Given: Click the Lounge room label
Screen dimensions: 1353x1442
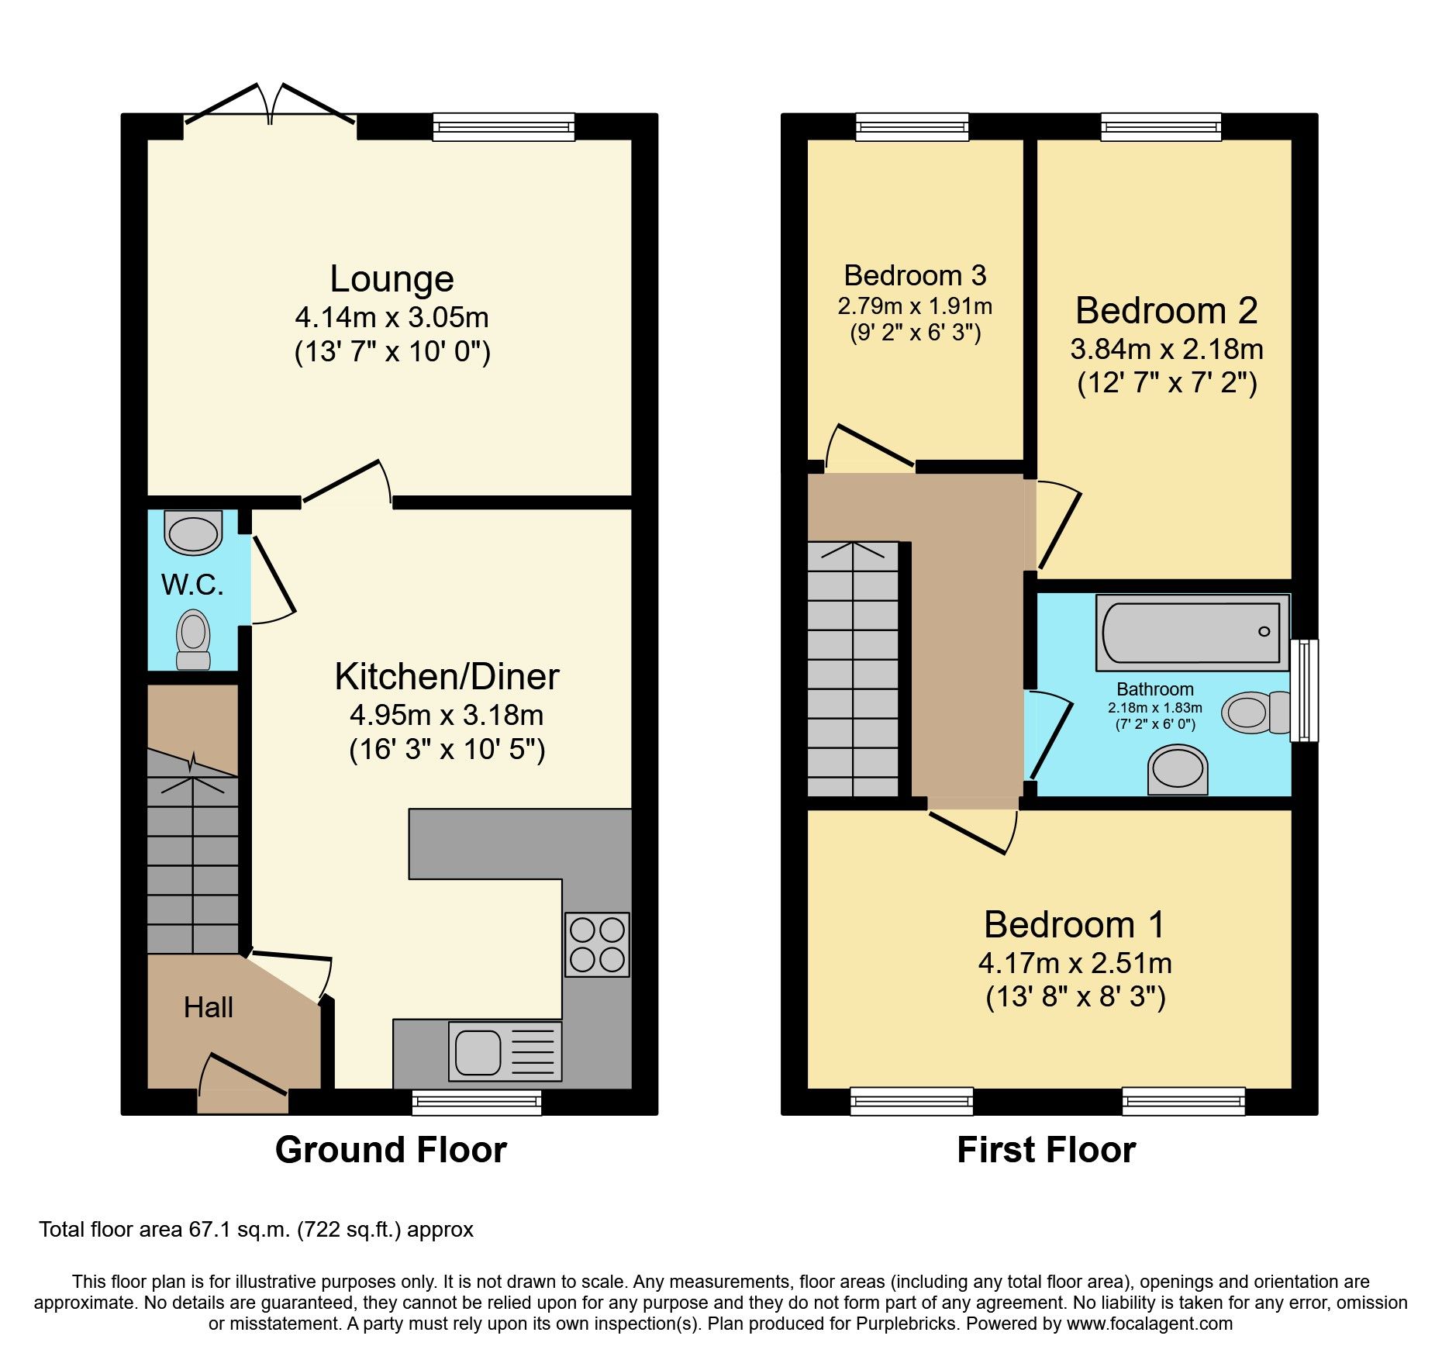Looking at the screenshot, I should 392,279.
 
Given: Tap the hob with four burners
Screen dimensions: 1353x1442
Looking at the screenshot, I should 597,944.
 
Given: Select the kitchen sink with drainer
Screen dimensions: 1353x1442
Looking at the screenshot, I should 505,1051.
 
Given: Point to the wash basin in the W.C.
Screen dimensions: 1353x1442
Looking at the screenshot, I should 193,533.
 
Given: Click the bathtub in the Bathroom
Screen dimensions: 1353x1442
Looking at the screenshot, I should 1192,632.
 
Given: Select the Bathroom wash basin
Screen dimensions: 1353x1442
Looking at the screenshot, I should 1178,770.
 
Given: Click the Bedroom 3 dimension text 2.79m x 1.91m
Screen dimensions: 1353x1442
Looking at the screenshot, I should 915,306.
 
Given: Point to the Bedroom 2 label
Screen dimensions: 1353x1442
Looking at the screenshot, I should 1166,311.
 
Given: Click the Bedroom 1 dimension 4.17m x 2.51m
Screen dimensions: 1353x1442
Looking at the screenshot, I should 1075,963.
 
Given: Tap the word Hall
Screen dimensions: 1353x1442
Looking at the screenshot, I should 208,1007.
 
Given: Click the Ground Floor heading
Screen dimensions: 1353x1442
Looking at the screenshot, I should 391,1149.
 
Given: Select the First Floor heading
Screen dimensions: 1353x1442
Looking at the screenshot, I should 1046,1149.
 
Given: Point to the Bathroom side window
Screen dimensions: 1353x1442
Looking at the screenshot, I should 1303,690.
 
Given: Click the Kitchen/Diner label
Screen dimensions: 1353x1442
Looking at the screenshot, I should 447,677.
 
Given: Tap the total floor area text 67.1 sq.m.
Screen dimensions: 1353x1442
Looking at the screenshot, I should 256,1230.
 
